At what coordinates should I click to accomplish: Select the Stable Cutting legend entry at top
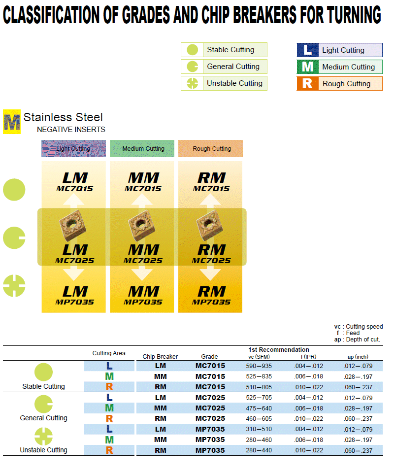(225, 50)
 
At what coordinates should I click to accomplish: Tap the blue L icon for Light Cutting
(307, 50)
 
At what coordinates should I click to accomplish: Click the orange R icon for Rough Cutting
(307, 83)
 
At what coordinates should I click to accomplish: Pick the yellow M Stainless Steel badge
(12, 121)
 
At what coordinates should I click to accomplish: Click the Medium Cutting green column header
(142, 148)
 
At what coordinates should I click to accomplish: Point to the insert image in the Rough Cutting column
(209, 226)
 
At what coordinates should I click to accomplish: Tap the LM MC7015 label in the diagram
(74, 181)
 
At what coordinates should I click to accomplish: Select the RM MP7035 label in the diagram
(211, 295)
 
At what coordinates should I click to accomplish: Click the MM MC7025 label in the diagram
(142, 253)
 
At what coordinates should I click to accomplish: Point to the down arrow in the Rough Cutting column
(210, 272)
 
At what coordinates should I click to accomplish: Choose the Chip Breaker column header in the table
(160, 356)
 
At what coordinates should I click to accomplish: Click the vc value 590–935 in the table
(259, 366)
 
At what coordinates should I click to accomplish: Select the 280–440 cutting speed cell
(259, 450)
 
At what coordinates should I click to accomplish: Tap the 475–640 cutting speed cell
(259, 408)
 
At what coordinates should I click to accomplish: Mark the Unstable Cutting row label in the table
(43, 450)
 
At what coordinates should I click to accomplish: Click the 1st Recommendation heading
(279, 350)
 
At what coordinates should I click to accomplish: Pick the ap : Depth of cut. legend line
(357, 339)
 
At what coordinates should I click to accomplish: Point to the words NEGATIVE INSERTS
(71, 130)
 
